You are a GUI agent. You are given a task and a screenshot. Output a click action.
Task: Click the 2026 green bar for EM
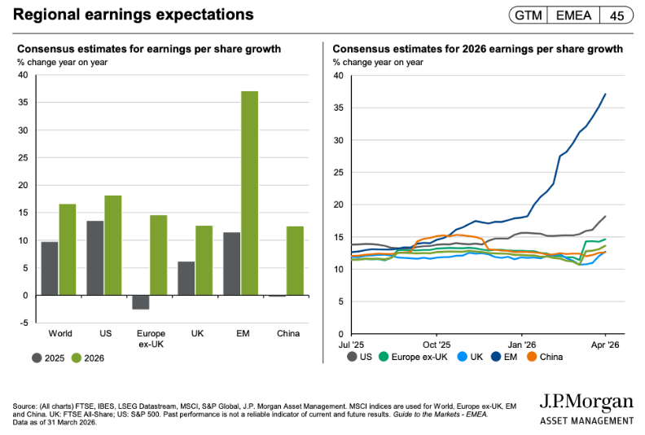click(249, 193)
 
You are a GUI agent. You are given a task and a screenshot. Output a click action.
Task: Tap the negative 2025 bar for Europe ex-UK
click(141, 302)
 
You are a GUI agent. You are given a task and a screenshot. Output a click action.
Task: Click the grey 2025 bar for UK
click(186, 278)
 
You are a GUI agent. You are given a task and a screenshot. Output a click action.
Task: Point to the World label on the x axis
click(59, 334)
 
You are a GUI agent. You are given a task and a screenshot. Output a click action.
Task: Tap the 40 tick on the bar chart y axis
click(23, 75)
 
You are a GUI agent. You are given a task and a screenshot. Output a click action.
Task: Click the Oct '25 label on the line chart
click(437, 345)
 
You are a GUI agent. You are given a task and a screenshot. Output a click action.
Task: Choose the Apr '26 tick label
click(605, 345)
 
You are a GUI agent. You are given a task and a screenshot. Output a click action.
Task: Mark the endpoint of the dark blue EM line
click(605, 94)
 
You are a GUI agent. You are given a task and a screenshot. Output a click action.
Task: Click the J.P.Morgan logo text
click(586, 402)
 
